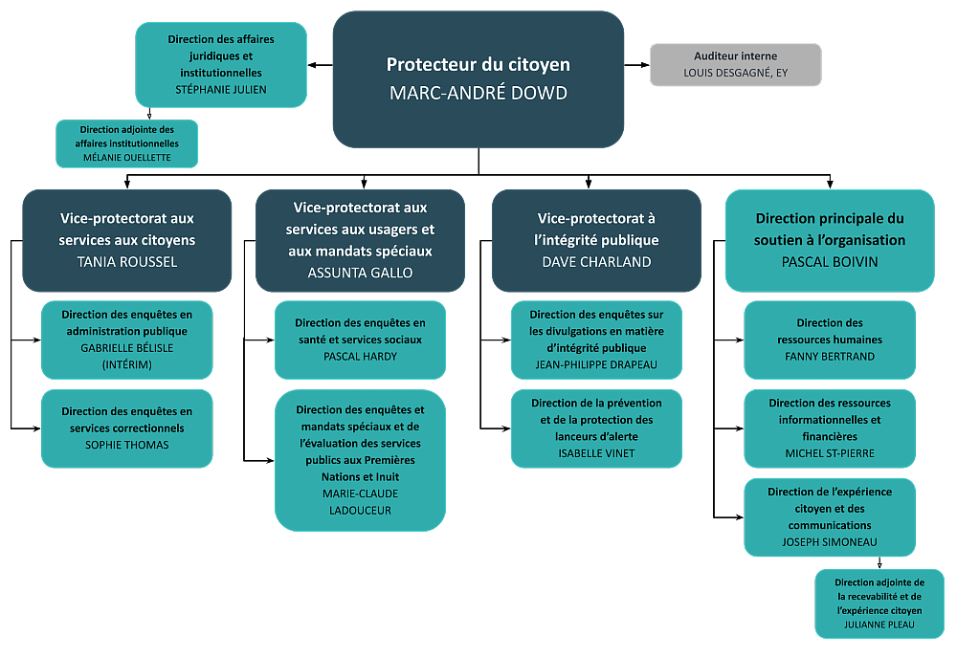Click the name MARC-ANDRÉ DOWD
coord(478,93)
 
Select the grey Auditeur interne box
coord(735,64)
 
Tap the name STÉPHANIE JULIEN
coord(221,89)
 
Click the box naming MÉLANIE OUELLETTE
coord(126,143)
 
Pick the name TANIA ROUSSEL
coord(126,261)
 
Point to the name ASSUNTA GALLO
coord(360,272)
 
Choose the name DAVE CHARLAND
coord(597,261)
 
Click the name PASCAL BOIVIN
coord(829,261)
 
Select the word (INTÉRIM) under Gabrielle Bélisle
coord(126,364)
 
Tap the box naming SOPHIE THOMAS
coord(126,428)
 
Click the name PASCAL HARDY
coord(360,356)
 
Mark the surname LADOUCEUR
coord(360,510)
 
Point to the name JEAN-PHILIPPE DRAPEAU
coord(596,364)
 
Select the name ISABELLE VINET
coord(596,452)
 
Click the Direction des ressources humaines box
coord(830,340)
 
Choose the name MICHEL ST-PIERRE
coord(830,452)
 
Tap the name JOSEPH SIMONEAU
coord(830,541)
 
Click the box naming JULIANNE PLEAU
coord(879,603)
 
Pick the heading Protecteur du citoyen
coord(478,65)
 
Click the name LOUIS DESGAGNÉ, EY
coord(735,73)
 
